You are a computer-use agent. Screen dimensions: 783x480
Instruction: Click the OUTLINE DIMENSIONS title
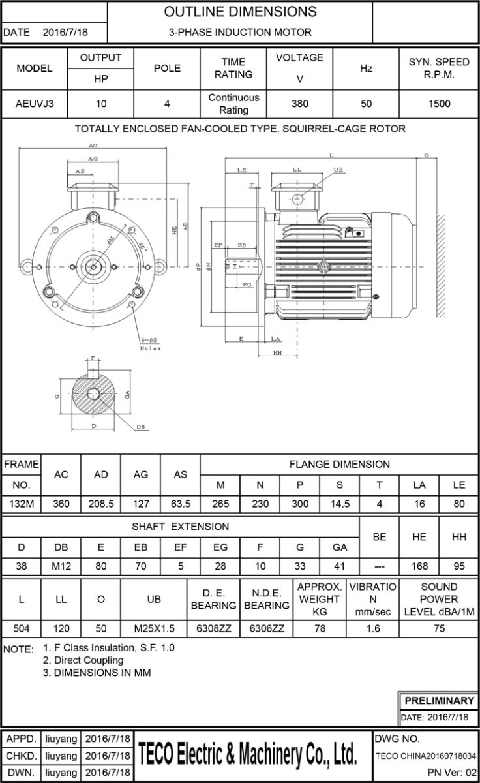[240, 12]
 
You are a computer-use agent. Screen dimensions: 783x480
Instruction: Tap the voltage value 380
[299, 104]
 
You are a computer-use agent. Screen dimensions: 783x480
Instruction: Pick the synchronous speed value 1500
[439, 104]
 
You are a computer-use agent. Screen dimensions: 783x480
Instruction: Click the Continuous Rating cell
[233, 104]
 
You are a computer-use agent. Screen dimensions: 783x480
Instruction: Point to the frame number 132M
[22, 504]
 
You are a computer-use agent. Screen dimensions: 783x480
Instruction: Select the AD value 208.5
[101, 504]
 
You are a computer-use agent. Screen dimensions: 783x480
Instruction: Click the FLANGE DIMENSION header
[339, 465]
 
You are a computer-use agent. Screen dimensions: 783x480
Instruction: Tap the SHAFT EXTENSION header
[181, 526]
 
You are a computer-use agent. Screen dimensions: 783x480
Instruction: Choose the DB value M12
[61, 566]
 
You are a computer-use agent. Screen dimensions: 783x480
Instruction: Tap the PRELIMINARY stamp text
[439, 701]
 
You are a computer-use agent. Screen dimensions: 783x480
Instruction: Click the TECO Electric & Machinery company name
[248, 755]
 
